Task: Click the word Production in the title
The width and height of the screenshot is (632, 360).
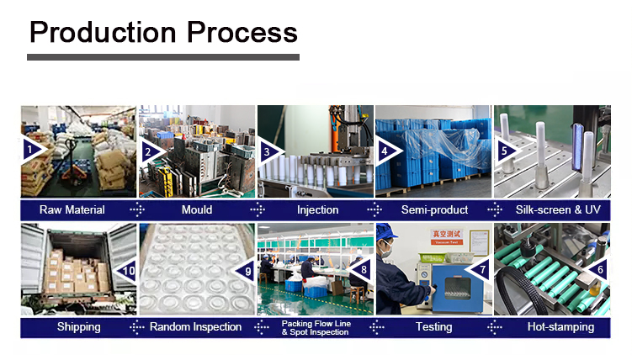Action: [x=103, y=32]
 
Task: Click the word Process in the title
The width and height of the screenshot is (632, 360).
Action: [x=242, y=32]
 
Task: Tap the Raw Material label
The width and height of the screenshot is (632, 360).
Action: [x=72, y=209]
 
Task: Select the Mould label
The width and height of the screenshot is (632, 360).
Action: [x=197, y=209]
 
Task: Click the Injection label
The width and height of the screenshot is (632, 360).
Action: [x=317, y=210]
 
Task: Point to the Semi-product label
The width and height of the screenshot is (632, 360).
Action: [x=434, y=209]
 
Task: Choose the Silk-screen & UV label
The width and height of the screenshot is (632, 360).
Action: [x=558, y=209]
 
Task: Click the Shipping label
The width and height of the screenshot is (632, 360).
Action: [x=78, y=327]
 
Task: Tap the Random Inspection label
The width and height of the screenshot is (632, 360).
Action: [x=195, y=327]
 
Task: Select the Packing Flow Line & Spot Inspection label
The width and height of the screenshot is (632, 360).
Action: [x=316, y=328]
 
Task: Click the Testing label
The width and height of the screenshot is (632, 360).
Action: [x=433, y=327]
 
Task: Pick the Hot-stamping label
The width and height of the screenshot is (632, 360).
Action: [x=560, y=327]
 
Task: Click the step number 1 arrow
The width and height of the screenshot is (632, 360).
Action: [x=33, y=151]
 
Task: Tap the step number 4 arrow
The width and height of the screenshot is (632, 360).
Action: [x=387, y=151]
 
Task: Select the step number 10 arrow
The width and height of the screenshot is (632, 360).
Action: [x=125, y=271]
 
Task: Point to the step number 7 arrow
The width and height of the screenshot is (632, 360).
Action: [x=479, y=269]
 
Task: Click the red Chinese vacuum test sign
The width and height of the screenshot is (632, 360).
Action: [x=447, y=237]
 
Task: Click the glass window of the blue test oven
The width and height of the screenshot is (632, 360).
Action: [x=458, y=288]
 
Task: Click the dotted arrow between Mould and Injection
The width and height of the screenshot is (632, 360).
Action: [x=258, y=209]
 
